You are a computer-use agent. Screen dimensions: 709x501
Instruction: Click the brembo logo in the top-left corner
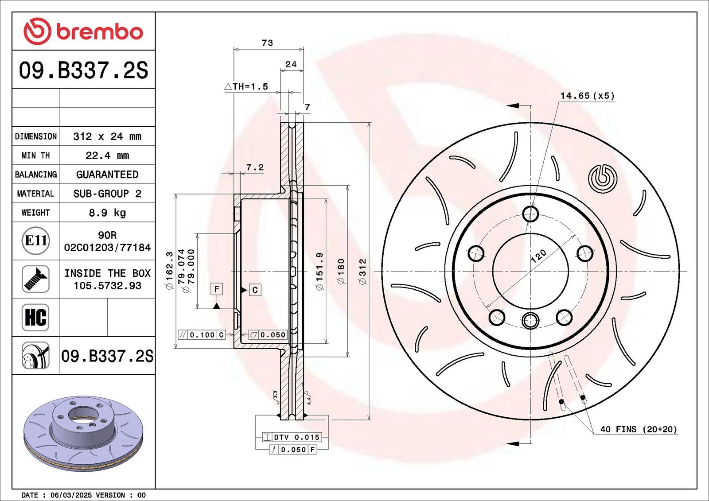(x=83, y=31)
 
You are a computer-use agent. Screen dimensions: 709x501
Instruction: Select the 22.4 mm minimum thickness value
(x=107, y=155)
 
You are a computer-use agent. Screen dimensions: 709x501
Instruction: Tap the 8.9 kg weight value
(x=107, y=213)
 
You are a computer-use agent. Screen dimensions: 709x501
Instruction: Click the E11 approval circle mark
(x=36, y=241)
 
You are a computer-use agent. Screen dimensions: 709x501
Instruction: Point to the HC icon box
(x=35, y=318)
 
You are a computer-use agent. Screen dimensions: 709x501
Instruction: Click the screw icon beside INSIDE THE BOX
(x=35, y=279)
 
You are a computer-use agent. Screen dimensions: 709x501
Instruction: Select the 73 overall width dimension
(x=268, y=43)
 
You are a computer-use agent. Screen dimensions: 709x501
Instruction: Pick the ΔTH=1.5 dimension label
(x=246, y=86)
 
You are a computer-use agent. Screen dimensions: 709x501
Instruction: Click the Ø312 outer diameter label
(x=363, y=271)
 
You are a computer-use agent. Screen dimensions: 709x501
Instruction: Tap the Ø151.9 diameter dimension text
(x=319, y=271)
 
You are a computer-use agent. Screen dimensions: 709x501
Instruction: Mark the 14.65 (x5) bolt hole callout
(x=588, y=96)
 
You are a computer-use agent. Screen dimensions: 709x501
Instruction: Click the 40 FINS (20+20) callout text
(x=639, y=429)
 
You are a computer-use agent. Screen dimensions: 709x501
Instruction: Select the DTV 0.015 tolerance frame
(x=292, y=437)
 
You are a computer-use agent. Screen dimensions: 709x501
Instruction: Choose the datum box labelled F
(x=217, y=289)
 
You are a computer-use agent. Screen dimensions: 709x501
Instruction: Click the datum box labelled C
(x=255, y=290)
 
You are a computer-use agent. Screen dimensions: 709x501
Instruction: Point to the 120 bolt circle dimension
(x=538, y=256)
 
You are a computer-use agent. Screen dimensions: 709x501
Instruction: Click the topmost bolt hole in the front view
(x=530, y=214)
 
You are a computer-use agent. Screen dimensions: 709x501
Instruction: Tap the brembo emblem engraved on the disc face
(x=602, y=179)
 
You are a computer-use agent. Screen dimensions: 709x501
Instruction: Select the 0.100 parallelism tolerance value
(x=202, y=335)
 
